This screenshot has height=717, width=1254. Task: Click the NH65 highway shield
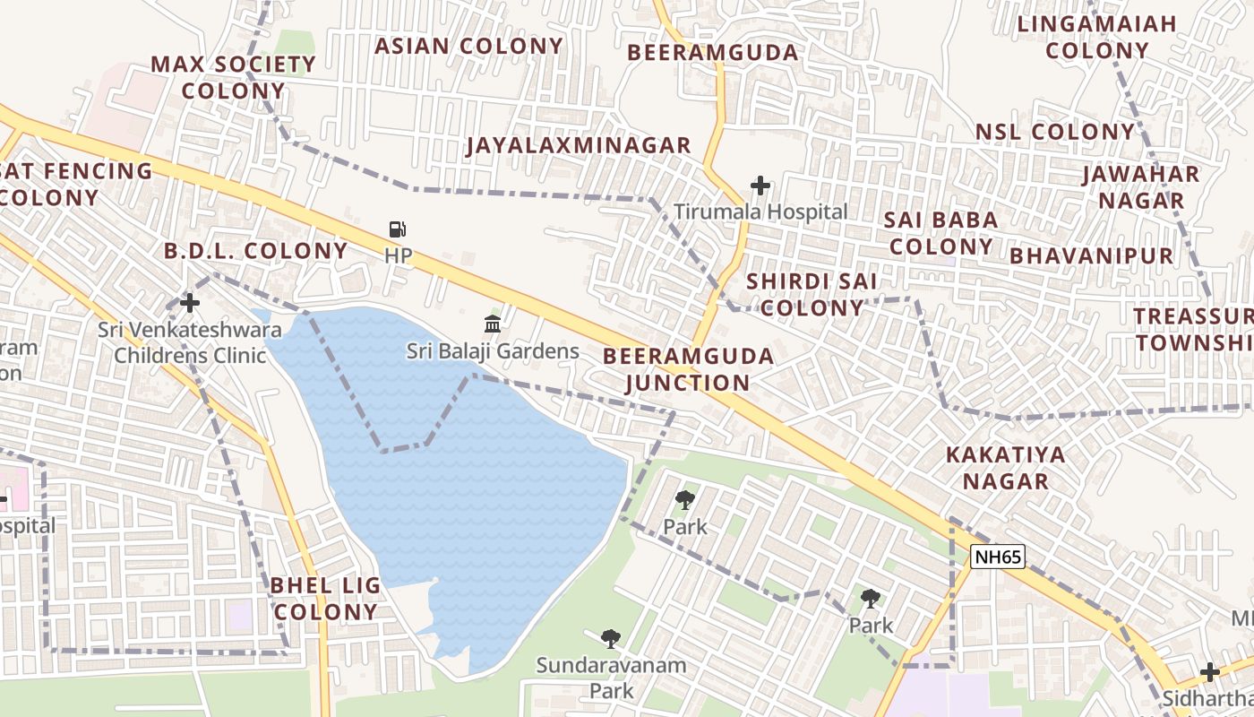tap(998, 557)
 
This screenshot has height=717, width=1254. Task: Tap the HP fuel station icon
tap(398, 230)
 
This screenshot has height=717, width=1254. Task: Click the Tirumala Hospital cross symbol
tap(760, 186)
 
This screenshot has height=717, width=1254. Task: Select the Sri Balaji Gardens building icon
tap(493, 324)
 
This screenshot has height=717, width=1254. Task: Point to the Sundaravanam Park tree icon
tap(611, 638)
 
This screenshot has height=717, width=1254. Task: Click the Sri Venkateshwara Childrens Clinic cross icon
tap(190, 303)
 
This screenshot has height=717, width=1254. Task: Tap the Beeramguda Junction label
tap(688, 369)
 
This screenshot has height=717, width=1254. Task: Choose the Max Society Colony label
tap(233, 77)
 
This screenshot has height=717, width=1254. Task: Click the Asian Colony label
tap(468, 46)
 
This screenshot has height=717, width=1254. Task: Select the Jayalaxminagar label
tap(578, 145)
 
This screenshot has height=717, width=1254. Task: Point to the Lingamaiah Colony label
tap(1096, 37)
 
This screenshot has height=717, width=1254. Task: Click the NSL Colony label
tap(1054, 132)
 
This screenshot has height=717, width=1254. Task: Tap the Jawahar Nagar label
tap(1141, 186)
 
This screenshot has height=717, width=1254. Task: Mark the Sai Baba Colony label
tap(940, 233)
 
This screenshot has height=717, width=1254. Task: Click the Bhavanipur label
tap(1091, 256)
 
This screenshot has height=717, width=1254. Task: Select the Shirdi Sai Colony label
tap(812, 295)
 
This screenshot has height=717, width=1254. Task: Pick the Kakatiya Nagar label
tap(1005, 468)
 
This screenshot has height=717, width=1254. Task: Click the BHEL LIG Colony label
tap(325, 599)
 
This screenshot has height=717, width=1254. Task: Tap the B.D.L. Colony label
tap(255, 251)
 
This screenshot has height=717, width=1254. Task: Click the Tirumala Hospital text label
tap(760, 212)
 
